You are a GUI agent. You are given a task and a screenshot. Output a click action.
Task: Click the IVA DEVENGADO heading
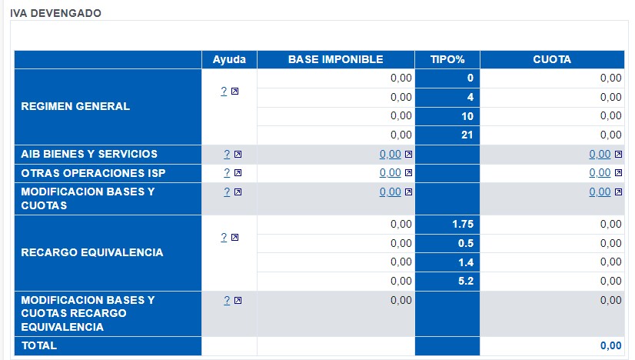coord(55,13)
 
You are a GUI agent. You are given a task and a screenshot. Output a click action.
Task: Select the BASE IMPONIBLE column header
coord(335,59)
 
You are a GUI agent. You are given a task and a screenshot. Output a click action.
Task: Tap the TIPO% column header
coord(447,59)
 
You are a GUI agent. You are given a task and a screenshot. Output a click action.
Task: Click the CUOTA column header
coord(551,59)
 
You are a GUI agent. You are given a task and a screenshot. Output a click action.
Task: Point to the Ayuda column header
coord(229,59)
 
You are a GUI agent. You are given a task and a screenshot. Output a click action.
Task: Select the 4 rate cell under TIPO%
coord(469,97)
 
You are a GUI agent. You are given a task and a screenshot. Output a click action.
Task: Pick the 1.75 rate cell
coord(462,224)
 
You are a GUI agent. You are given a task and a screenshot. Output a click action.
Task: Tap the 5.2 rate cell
coord(465,281)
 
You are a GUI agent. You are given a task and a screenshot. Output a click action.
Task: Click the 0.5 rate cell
coord(465,243)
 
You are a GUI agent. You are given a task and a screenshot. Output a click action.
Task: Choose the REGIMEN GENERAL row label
coord(75,106)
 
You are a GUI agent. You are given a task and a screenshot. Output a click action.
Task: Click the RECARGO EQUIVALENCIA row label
coord(91,252)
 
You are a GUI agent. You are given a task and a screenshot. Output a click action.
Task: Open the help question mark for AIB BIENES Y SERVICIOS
coord(225,154)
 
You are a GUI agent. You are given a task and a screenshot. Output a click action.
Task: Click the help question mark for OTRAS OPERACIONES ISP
coord(225,173)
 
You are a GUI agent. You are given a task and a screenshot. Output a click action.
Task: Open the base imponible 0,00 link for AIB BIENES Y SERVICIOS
coord(390,154)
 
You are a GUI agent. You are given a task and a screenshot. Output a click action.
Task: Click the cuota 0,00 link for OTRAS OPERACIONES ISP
coord(600,173)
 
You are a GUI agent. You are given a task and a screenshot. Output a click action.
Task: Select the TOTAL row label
coord(39,346)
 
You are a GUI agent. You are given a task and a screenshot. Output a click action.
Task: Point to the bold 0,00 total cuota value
coord(610,346)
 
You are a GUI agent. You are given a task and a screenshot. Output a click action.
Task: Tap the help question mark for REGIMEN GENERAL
coord(224,91)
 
